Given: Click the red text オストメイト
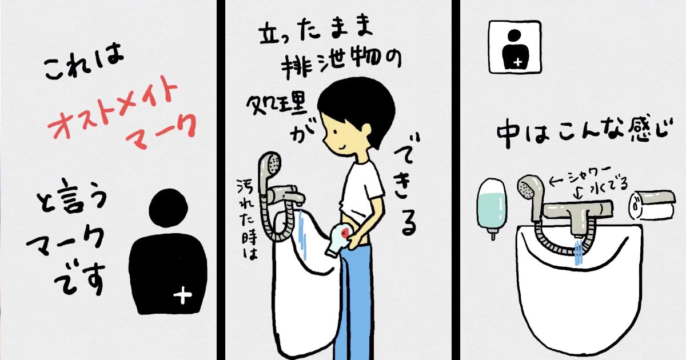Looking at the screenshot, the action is point(113,107).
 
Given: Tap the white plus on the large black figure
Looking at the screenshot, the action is point(182,295).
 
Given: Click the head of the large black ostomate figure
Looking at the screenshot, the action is point(168,208).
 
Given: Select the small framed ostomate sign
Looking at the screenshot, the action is point(515,47).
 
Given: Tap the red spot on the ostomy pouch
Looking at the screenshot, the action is point(345,233).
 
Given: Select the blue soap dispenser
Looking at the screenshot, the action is point(492,208).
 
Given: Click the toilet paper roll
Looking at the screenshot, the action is point(652,206).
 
